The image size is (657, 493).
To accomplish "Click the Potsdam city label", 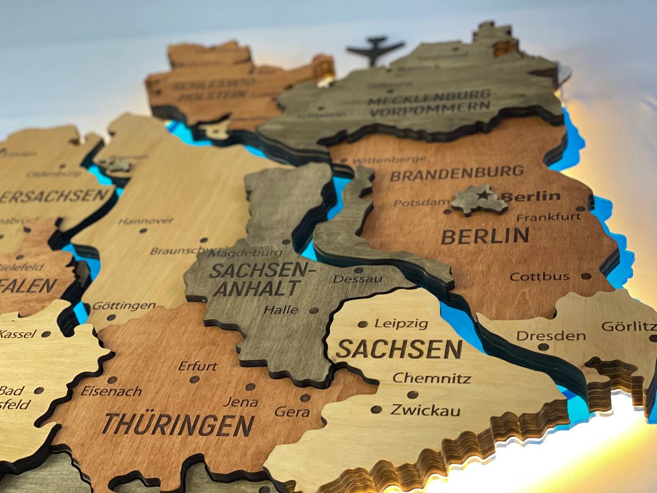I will click(x=421, y=203).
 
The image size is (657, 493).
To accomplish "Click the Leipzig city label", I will click(x=401, y=324).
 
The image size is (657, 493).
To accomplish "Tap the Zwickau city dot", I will click(x=377, y=410).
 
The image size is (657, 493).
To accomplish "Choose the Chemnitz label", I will click(x=432, y=379).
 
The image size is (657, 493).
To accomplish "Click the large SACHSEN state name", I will click(x=399, y=350).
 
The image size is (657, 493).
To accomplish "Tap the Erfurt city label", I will click(x=198, y=367).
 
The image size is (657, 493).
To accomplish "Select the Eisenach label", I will click(x=111, y=391).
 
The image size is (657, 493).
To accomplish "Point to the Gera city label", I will click(x=292, y=411).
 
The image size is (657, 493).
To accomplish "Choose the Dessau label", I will click(x=358, y=279).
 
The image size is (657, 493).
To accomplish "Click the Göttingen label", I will click(x=124, y=306).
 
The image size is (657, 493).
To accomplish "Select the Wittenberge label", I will click(x=383, y=160).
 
